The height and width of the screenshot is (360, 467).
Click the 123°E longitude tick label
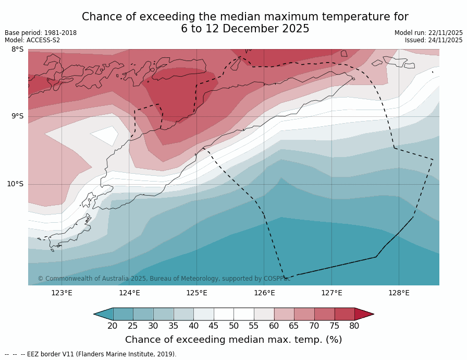coord(62,293)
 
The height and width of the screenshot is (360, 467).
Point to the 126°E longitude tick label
coord(264,293)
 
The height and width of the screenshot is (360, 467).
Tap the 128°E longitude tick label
coord(399,293)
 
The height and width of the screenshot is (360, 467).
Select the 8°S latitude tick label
coord(17,50)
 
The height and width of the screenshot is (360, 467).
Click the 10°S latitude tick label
coord(15,184)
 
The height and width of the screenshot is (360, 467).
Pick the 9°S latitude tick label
coord(17,116)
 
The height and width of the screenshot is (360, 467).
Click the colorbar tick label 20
coord(113,326)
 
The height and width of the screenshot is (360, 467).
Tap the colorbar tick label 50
coord(233,326)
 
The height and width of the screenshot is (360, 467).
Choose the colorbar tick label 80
coord(354,326)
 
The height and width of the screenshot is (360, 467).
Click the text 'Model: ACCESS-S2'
coord(32,40)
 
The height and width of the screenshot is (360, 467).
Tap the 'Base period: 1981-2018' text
coord(41,33)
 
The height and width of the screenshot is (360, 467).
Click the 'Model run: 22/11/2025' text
coord(428,33)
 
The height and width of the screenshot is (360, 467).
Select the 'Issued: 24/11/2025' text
coord(434,40)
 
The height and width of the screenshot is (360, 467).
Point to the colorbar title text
coord(233,340)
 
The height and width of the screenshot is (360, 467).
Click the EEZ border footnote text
coord(91,354)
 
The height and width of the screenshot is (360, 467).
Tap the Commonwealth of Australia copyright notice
coord(164,279)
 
